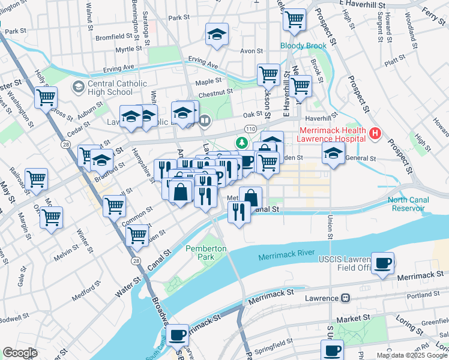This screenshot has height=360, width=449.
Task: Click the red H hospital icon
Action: click(x=375, y=133)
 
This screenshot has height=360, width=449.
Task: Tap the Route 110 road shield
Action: click(x=250, y=129)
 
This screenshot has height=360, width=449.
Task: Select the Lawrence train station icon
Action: click(x=345, y=298)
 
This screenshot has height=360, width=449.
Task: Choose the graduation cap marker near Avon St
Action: click(x=217, y=35)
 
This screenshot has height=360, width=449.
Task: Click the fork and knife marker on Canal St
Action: click(x=240, y=212)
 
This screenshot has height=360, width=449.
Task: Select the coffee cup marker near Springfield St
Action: click(x=331, y=350)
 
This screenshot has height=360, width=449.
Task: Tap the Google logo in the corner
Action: click(x=20, y=353)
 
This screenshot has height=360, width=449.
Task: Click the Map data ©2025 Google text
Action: click(x=412, y=355)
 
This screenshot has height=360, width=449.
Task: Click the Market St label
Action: click(x=351, y=320)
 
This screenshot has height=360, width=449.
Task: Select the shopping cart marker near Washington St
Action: click(x=46, y=97)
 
